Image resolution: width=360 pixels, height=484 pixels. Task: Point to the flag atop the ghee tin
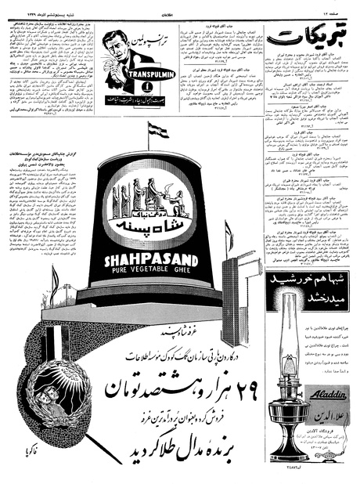[x=157, y=129]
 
